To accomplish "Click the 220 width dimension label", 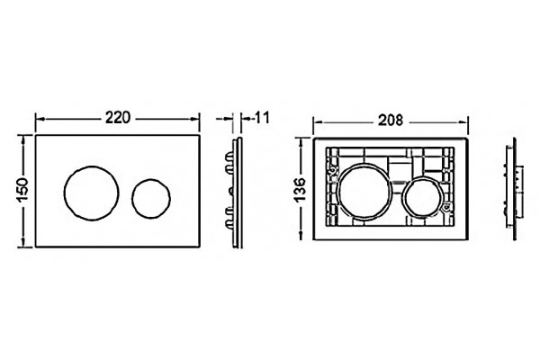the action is pyautogui.click(x=118, y=118).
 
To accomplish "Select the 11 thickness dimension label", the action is pyautogui.click(x=262, y=118).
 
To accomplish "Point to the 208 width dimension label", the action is pyautogui.click(x=391, y=121).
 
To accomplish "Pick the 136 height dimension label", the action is pyautogui.click(x=301, y=190).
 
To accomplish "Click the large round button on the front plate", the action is pyautogui.click(x=91, y=193).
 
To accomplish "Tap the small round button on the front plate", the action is pyautogui.click(x=151, y=198).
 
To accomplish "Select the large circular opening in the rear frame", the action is pyautogui.click(x=365, y=192).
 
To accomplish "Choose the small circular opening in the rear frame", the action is pyautogui.click(x=421, y=197).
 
